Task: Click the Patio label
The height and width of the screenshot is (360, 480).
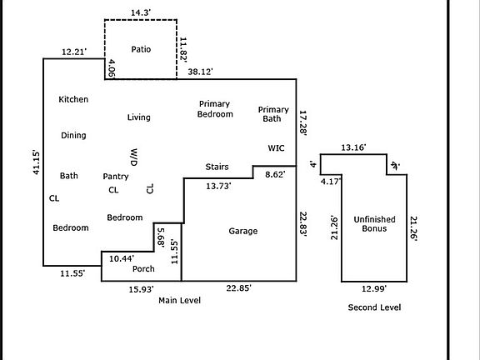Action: (141, 49)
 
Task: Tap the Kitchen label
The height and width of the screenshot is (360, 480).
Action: (73, 99)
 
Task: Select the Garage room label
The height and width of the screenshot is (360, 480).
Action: (243, 231)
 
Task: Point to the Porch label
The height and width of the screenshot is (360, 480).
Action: (143, 269)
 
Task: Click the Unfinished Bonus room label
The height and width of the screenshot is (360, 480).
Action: (374, 224)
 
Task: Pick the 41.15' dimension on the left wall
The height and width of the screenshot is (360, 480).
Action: (36, 162)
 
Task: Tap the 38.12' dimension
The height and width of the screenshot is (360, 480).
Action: (200, 72)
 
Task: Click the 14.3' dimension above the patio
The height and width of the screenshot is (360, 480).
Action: (141, 12)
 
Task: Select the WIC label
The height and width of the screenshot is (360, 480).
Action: (276, 148)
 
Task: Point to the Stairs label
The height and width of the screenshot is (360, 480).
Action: (217, 167)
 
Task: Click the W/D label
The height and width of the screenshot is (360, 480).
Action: (134, 157)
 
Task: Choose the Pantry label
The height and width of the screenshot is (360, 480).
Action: (116, 177)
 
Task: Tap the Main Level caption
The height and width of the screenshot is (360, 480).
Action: (180, 300)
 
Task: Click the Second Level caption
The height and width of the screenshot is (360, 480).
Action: (374, 307)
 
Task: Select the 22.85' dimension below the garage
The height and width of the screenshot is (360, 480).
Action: (239, 288)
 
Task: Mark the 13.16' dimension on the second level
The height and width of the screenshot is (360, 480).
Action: (353, 147)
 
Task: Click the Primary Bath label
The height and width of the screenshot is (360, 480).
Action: (273, 114)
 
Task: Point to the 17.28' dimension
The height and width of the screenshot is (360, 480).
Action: (302, 122)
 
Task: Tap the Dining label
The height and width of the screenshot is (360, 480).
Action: (73, 135)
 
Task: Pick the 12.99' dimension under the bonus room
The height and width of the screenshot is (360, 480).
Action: (374, 288)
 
